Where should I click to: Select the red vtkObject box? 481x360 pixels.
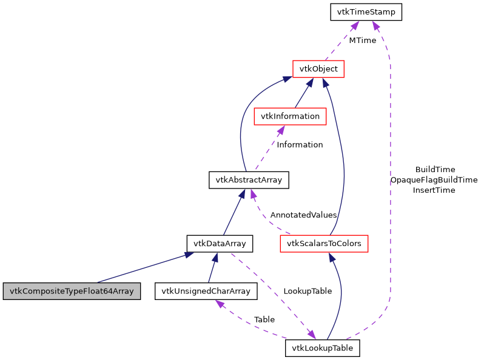(318, 69)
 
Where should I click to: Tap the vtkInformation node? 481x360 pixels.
(290, 116)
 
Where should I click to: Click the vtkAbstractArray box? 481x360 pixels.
(249, 179)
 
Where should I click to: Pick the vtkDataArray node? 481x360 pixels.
(219, 244)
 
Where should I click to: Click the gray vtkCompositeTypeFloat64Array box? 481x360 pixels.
(72, 291)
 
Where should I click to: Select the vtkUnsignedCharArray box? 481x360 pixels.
(206, 291)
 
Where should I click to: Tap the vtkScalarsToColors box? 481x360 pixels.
(324, 244)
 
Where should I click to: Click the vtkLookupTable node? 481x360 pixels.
(323, 348)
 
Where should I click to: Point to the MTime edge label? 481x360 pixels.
(362, 41)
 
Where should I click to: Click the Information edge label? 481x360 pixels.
(300, 145)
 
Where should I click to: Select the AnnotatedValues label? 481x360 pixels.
(303, 215)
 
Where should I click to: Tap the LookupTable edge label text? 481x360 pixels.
(308, 291)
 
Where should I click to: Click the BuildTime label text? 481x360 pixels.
(435, 170)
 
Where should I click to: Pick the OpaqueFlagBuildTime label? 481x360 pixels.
(434, 180)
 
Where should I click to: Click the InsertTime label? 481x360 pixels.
(434, 190)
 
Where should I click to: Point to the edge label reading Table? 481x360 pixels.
(264, 319)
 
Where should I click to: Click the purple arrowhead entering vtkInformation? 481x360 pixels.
(281, 129)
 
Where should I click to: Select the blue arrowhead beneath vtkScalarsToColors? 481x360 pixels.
(332, 258)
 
